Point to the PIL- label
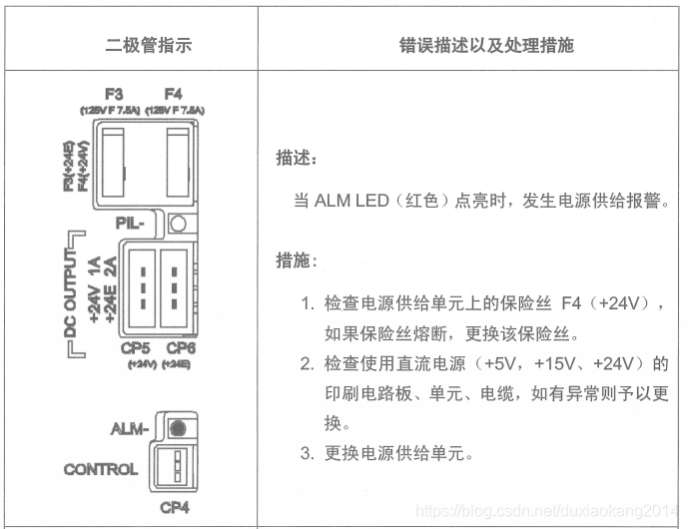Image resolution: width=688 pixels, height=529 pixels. click(141, 224)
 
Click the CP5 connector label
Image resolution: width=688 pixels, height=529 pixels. click(135, 347)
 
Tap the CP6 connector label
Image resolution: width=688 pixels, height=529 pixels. click(180, 347)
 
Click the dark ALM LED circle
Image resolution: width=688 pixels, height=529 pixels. click(179, 428)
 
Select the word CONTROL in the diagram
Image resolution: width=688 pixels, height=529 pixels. click(101, 469)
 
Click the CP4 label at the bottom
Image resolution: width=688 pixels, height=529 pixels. click(176, 507)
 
